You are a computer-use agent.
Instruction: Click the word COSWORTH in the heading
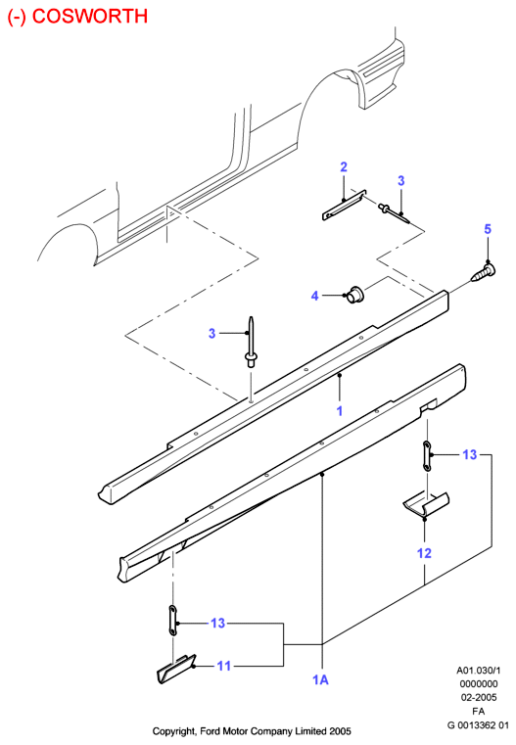pos(90,16)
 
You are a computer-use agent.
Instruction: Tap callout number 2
pos(344,166)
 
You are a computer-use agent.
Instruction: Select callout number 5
pos(488,229)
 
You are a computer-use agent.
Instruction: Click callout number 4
pos(314,296)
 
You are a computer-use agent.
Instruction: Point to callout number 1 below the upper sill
pos(340,410)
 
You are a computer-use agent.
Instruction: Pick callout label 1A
pos(321,680)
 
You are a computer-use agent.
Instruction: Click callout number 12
pos(424,553)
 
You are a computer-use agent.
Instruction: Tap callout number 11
pos(224,666)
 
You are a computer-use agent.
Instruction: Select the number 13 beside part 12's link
pos(469,454)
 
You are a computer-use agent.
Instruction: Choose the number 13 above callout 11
pos(217,623)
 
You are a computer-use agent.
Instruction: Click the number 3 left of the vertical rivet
pos(211,334)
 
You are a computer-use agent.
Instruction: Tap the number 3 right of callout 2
pos(401,180)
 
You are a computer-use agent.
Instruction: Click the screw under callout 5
pos(484,273)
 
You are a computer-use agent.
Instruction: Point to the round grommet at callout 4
pos(354,295)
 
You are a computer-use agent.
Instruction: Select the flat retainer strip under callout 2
pos(344,206)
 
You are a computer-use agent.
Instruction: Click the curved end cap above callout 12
pos(426,504)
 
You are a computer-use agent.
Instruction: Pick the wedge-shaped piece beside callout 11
pos(176,669)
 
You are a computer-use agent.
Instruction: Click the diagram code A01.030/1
pos(479,671)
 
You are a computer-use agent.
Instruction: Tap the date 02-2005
pos(479,697)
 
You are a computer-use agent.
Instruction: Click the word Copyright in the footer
pos(173,731)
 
